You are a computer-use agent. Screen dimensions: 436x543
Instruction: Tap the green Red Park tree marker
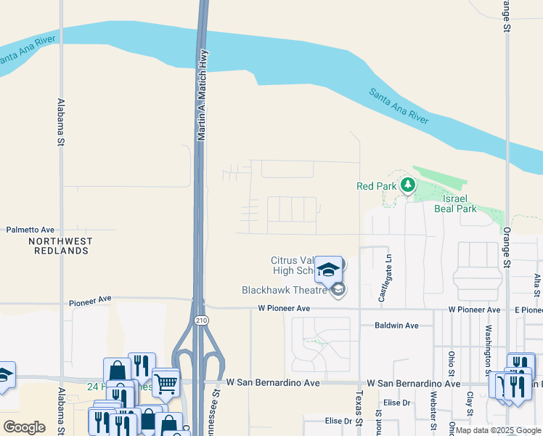pos(407,186)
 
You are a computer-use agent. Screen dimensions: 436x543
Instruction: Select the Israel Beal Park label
pos(455,203)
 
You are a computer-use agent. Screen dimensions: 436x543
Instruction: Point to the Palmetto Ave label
pos(30,230)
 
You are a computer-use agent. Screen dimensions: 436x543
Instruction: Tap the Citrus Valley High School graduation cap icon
pos(329,269)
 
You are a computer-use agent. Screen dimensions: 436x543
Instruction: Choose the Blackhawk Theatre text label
pos(285,290)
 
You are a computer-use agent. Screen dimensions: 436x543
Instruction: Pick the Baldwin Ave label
pos(396,326)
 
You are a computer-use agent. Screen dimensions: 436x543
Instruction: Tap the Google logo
pos(24,427)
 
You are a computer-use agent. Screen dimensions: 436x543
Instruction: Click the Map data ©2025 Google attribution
pos(498,430)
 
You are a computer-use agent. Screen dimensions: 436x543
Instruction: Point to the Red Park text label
pos(375,186)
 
